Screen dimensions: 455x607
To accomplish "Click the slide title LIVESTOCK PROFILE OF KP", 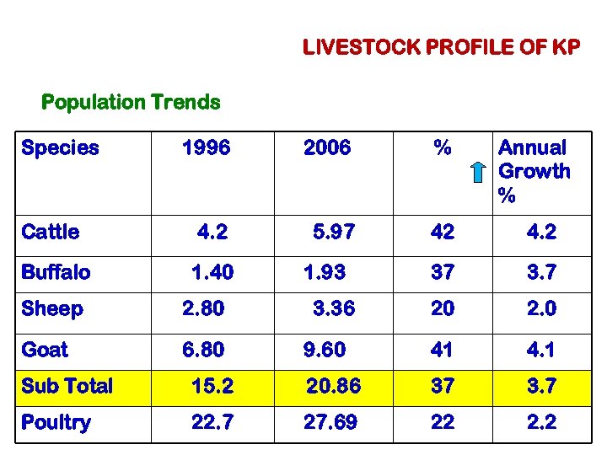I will pos(441,47).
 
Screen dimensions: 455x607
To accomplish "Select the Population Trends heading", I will pos(131,103).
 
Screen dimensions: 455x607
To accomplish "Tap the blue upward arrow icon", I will pos(478,172).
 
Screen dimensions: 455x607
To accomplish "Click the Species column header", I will pos(60,148).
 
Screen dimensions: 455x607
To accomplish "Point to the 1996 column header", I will pos(206,148).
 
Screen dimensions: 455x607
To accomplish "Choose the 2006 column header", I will pos(327,148).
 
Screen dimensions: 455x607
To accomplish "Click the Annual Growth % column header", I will pos(534,172).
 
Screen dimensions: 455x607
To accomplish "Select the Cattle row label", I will pos(51,232).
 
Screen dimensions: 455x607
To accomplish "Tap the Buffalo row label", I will pos(56,272).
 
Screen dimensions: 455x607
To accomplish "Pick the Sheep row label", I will pos(52,309).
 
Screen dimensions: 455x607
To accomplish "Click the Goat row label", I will pos(45,349).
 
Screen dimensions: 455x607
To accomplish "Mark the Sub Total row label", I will pos(67,386).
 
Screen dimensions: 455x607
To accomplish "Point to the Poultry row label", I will pos(56,422).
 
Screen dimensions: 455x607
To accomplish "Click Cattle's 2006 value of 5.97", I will pos(334,232).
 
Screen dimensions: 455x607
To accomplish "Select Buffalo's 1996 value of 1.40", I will pos(212,272).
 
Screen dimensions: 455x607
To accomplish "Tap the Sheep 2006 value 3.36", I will pos(334,309).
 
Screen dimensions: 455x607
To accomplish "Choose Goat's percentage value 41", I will pos(443,349).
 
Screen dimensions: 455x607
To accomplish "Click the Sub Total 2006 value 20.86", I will pos(333,386).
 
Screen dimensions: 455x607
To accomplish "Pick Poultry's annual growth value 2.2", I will pos(540,422).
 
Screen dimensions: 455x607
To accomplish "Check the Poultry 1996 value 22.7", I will pos(212,422).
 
